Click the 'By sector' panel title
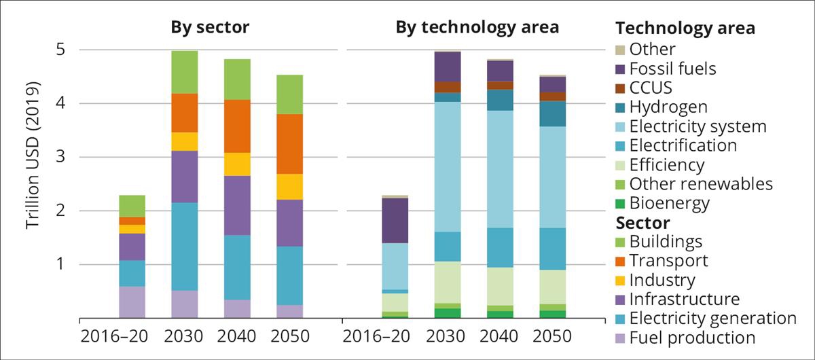(210, 28)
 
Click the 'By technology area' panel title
(477, 28)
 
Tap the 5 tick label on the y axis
(60, 50)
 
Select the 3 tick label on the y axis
(60, 158)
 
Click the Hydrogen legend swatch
(619, 107)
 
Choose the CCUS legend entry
(651, 88)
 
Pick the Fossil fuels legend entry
(672, 69)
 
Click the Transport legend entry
(668, 261)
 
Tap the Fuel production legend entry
(691, 338)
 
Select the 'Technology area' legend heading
(685, 29)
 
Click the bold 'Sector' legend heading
(642, 223)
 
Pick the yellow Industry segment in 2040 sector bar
(236, 164)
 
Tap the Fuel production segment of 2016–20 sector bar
(132, 302)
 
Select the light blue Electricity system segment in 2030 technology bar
(447, 167)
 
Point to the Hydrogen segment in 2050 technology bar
(551, 114)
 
